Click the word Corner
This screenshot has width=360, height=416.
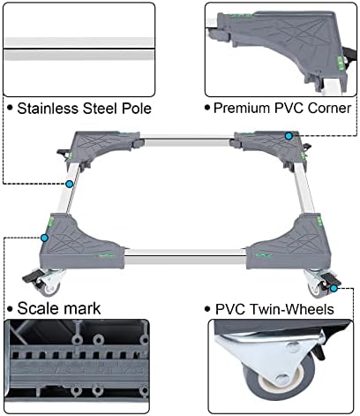pos(329,108)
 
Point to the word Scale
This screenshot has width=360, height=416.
pos(39,308)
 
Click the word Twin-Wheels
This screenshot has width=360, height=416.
pos(292,309)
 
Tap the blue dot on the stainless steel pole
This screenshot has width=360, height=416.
pos(70,185)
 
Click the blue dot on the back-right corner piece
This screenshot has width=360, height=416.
pos(289,136)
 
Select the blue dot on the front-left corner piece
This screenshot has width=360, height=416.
pos(45,238)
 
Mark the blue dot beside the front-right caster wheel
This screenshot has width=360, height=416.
pos(334,289)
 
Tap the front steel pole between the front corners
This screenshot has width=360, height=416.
pos(185,257)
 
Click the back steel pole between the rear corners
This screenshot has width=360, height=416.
pos(187,140)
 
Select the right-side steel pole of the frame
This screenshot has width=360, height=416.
pos(304,189)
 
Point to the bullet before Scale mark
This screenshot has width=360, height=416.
pos(11,309)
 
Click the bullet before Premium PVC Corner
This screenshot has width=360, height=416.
pos(207,108)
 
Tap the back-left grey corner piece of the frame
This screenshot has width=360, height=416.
pos(100,147)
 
